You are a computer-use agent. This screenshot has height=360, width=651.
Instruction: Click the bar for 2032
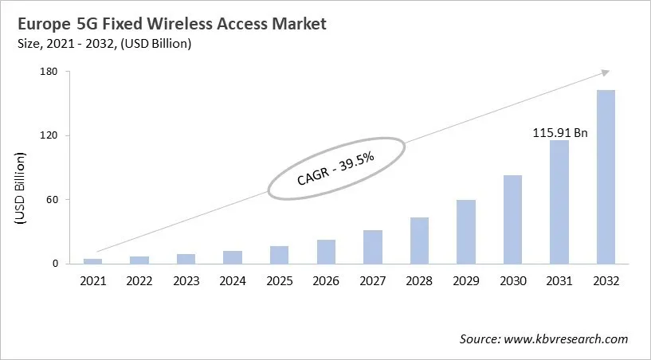point(606,177)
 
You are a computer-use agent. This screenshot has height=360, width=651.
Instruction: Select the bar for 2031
point(559,202)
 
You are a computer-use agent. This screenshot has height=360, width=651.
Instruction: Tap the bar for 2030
point(512,220)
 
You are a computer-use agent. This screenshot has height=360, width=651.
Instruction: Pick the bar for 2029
point(466,232)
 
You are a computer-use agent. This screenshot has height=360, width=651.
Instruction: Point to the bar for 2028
point(419,241)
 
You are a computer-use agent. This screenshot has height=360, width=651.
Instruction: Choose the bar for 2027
point(373,247)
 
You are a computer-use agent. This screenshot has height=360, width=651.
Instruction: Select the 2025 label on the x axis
point(279,281)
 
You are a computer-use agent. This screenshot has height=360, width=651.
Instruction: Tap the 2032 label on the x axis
point(606,281)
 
